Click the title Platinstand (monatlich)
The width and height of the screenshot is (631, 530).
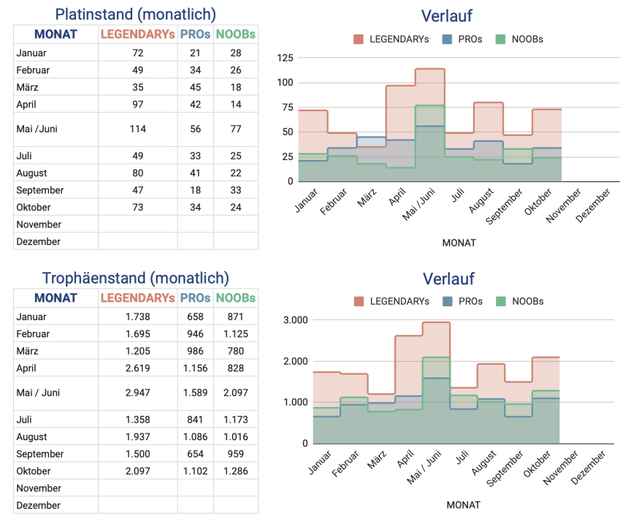pyautogui.click(x=136, y=14)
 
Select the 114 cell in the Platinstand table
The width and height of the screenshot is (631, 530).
pyautogui.click(x=138, y=129)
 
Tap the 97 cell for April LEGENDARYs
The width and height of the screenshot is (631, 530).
pyautogui.click(x=138, y=105)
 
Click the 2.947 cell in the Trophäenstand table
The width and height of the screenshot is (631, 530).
pyautogui.click(x=138, y=393)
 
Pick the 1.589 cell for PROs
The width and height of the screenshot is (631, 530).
pyautogui.click(x=195, y=393)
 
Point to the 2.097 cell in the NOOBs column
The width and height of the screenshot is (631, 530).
pyautogui.click(x=236, y=393)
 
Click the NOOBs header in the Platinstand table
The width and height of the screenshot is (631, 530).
pyautogui.click(x=236, y=34)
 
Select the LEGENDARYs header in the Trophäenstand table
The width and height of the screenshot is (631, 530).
pyautogui.click(x=138, y=298)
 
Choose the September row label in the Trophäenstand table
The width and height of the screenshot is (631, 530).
pyautogui.click(x=40, y=454)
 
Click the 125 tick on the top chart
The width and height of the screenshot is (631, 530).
pyautogui.click(x=285, y=58)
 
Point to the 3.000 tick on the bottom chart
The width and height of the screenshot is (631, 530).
pyautogui.click(x=295, y=320)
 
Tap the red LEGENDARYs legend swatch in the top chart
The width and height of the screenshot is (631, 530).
pyautogui.click(x=359, y=39)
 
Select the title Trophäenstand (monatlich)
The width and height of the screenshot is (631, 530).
pyautogui.click(x=136, y=278)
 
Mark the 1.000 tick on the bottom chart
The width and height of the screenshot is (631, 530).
pyautogui.click(x=295, y=403)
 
